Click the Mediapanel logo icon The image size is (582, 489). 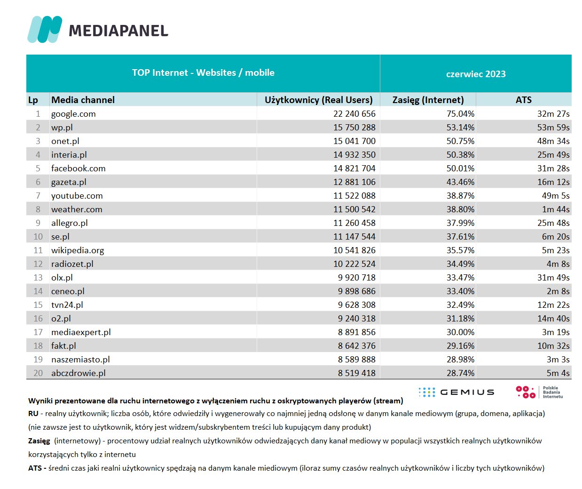[45, 29]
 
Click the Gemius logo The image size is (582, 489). [456, 392]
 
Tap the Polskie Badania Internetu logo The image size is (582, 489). [539, 392]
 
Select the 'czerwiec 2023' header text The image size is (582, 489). [476, 74]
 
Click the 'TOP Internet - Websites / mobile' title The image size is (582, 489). [203, 73]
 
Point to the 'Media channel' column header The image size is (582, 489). [83, 100]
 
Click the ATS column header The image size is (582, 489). [523, 100]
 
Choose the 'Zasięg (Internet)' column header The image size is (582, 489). [428, 100]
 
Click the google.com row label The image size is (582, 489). [73, 114]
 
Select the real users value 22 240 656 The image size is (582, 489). [354, 114]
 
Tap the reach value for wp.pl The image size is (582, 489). [460, 128]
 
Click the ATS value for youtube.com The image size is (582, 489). [555, 196]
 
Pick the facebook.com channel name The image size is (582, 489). [79, 168]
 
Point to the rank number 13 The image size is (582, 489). [38, 278]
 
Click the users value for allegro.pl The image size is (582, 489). [354, 223]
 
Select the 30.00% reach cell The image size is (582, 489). [460, 332]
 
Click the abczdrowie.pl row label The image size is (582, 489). [79, 373]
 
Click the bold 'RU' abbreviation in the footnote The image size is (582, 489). [33, 414]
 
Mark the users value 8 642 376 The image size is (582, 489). [356, 346]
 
